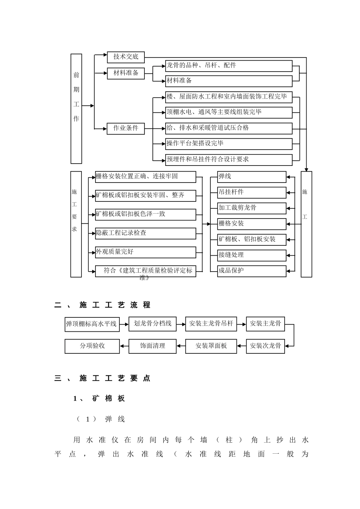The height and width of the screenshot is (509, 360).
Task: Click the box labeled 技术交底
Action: click(126, 57)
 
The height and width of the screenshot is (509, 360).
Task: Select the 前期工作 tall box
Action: click(76, 109)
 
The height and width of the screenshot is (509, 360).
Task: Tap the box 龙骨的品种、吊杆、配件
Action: click(229, 66)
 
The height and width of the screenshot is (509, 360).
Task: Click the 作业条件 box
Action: click(126, 128)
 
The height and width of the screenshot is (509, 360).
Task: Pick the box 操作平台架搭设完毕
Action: click(229, 144)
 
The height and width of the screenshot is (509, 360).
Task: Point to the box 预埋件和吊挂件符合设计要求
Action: click(229, 159)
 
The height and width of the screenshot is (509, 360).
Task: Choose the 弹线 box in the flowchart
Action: click(252, 177)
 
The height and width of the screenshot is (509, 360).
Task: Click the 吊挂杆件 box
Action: click(252, 192)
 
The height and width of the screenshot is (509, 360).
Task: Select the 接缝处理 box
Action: click(252, 255)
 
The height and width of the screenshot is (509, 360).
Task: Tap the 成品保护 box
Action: click(252, 271)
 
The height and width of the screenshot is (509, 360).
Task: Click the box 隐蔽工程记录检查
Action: click(146, 233)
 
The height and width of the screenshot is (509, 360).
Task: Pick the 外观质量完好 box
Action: click(146, 252)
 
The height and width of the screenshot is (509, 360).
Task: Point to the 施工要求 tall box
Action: click(76, 224)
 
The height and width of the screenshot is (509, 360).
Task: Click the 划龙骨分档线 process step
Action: click(152, 324)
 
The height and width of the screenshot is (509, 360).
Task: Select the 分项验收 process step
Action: click(92, 346)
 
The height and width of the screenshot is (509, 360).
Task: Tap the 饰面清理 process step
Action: click(152, 346)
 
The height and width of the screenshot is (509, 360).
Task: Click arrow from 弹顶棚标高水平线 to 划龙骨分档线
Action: click(124, 324)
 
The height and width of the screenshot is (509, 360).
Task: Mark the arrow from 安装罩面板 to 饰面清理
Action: click(181, 346)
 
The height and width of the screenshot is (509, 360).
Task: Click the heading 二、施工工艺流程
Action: click(103, 305)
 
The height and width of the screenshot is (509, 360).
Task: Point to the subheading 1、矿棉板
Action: click(99, 398)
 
